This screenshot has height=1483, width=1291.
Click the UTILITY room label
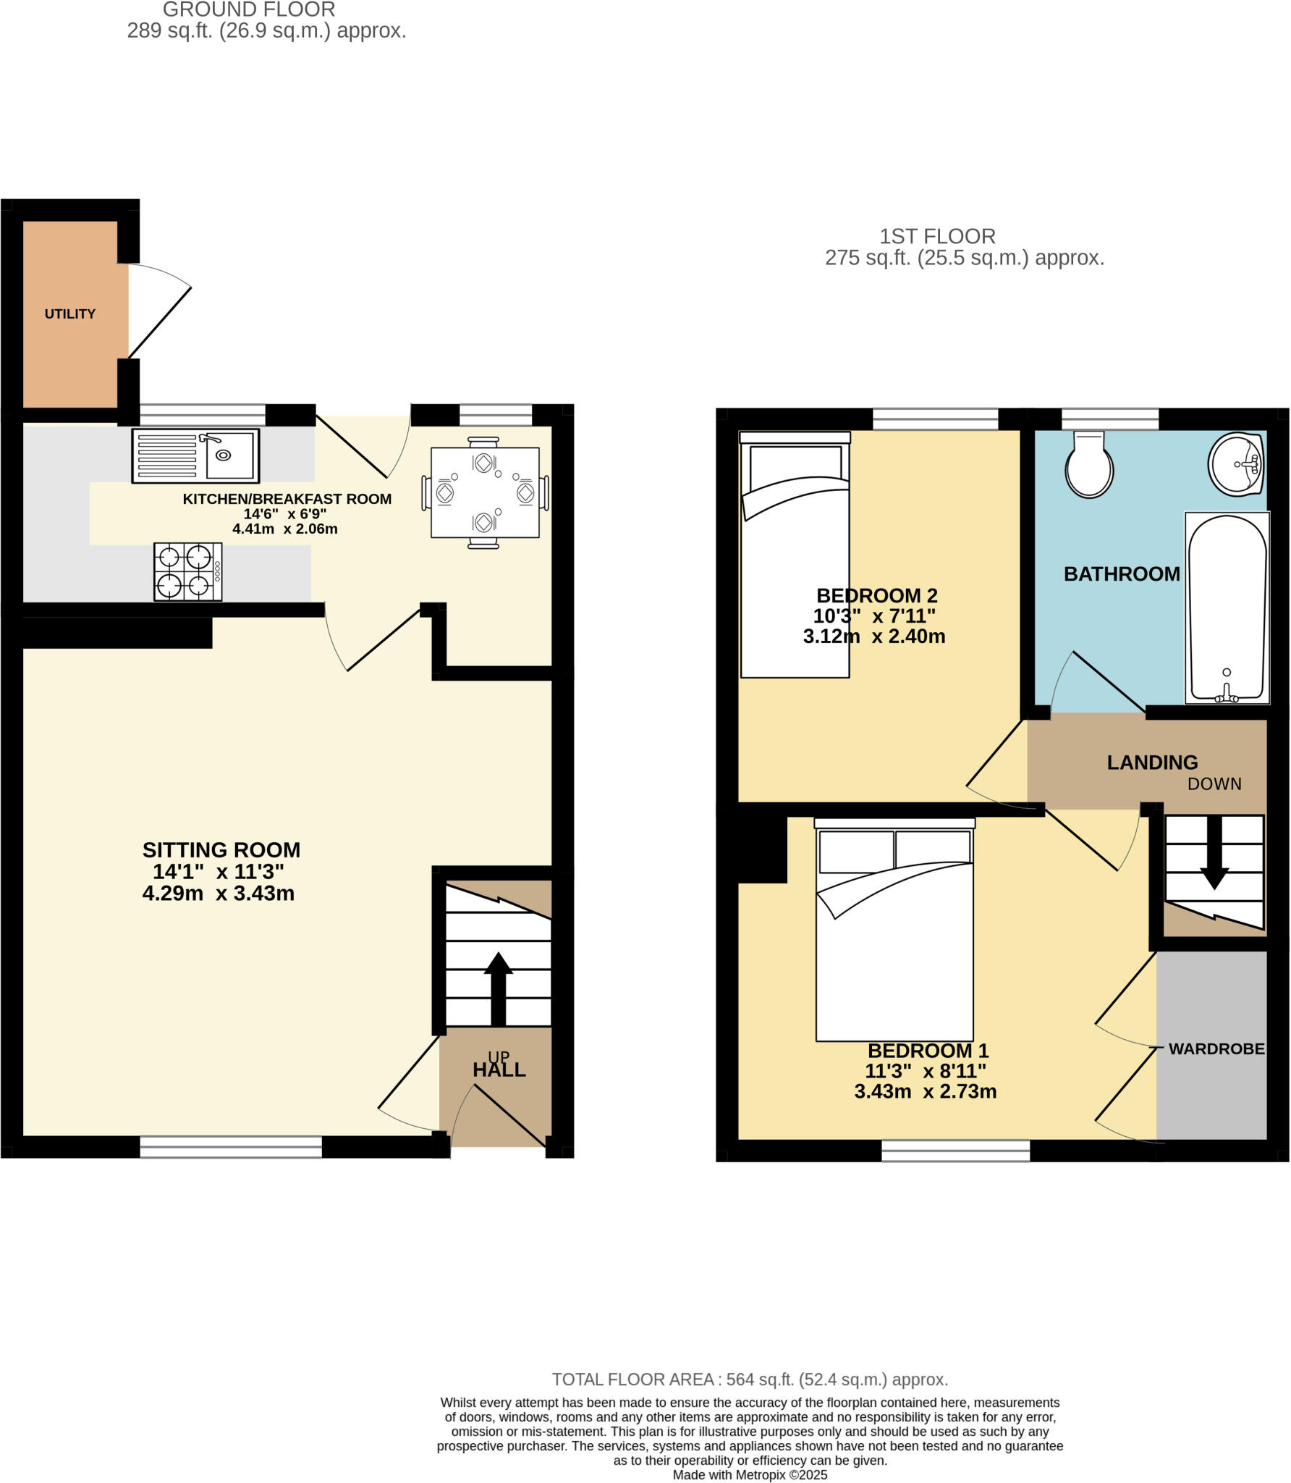coord(69,314)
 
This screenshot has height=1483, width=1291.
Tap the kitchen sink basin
coord(229,455)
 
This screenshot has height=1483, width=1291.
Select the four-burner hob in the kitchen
coord(187,571)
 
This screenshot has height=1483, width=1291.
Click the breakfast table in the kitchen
coord(485,492)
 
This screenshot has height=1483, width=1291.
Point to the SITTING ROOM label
coord(221,849)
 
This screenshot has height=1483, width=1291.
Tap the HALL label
coord(499,1070)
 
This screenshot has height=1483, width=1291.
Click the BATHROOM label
coord(1121,574)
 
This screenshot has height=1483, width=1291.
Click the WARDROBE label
coord(1216,1049)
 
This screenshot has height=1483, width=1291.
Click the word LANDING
coord(1152,762)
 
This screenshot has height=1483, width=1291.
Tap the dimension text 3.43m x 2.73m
coord(925,1091)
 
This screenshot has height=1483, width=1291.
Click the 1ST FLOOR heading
coord(937,236)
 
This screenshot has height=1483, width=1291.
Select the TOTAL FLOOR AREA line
coord(750,1379)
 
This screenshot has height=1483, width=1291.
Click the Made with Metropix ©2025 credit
coord(750,1475)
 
